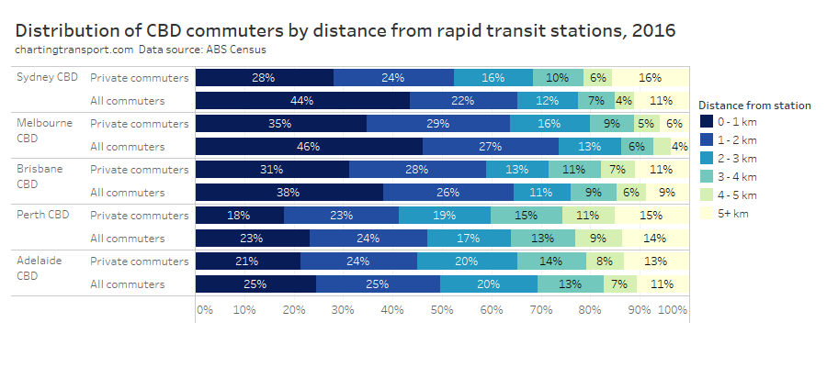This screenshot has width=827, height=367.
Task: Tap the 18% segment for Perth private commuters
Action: pos(240,215)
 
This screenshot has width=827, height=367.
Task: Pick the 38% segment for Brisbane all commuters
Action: pos(289,192)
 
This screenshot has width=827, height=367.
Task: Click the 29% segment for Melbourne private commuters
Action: pos(437,123)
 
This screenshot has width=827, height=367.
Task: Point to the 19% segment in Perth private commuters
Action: pos(444,215)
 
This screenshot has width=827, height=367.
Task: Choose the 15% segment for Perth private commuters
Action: pos(651,215)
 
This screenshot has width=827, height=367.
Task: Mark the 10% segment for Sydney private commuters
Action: pos(557,78)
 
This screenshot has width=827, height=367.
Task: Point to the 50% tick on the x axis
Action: pos(443,310)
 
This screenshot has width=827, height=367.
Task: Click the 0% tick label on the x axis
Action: pos(204,310)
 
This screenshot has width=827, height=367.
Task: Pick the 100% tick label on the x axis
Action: pos(673,310)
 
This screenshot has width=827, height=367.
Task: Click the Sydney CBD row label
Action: pos(48,77)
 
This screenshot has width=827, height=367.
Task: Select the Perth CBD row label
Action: pos(43,215)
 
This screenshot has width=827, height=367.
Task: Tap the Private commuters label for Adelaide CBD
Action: pos(141,261)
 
